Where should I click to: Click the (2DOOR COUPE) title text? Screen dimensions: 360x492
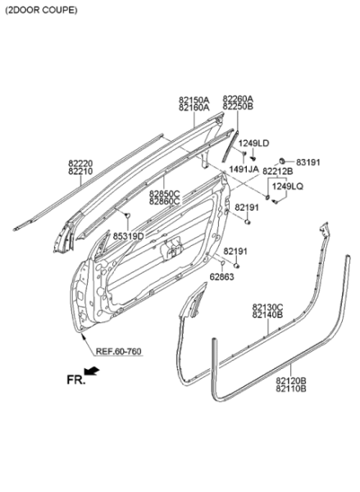(41, 11)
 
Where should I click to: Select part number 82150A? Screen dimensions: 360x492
(194, 100)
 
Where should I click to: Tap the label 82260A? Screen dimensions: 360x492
(238, 98)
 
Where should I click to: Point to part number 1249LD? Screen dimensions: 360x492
(254, 143)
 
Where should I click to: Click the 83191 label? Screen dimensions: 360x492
(308, 162)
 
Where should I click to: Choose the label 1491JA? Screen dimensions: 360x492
(244, 170)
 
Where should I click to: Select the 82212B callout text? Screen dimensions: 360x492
(278, 171)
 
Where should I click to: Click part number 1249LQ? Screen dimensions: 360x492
(288, 186)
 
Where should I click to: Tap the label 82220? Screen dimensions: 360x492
(80, 163)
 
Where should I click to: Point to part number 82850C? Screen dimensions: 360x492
(165, 194)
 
